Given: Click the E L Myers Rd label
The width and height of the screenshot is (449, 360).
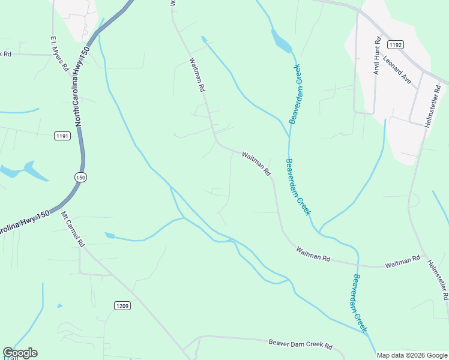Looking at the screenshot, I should [59, 52].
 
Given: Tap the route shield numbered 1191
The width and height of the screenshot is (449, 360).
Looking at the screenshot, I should [62, 136].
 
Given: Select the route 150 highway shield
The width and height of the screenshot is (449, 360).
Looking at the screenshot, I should [81, 177].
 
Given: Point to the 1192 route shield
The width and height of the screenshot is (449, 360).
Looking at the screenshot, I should [395, 45].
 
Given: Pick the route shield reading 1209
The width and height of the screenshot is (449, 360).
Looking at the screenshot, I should [122, 306].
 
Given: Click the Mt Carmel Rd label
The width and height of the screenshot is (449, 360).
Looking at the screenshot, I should [73, 228].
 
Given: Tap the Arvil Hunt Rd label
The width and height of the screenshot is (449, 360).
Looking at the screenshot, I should [377, 56].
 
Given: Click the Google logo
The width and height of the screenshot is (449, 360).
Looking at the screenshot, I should [20, 353].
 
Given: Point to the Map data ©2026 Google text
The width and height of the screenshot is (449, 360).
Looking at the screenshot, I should [411, 355].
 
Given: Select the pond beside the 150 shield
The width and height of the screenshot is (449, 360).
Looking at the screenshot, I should [24, 171].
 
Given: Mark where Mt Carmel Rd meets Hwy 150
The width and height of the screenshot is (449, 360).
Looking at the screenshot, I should [60, 211].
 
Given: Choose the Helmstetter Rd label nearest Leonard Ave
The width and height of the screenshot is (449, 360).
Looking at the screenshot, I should [433, 106].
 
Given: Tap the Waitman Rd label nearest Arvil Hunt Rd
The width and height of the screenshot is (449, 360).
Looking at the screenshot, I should [257, 163].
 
